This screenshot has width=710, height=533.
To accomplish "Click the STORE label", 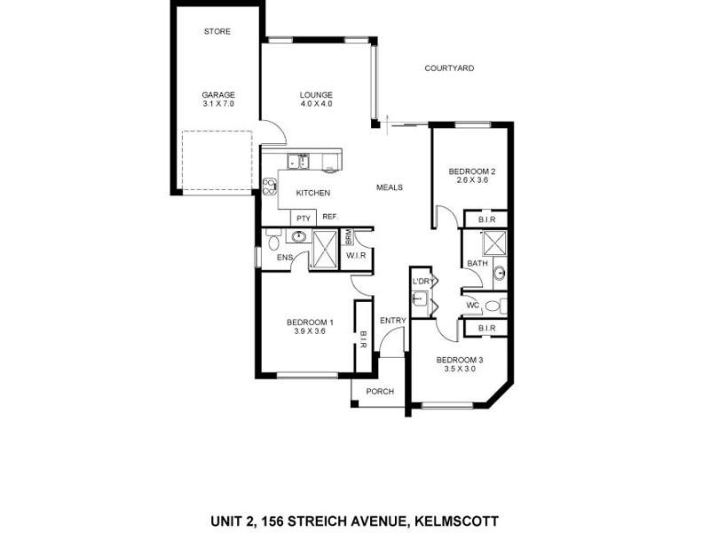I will coord(217,32).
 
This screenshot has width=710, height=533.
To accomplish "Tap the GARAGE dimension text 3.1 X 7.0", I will coord(217,105).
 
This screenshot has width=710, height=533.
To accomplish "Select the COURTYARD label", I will coord(449,68).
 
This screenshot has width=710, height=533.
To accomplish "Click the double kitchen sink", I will coord(297,161).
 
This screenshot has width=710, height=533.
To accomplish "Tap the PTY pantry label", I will coord(304,218).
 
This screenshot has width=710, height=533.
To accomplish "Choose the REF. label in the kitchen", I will coord(330,217).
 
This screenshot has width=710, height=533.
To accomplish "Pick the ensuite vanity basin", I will coord(299,237).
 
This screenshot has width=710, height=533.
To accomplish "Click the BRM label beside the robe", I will coord(349,237).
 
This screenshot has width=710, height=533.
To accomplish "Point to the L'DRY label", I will coord(421,282).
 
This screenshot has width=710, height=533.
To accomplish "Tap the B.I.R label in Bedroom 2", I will coord(486,219).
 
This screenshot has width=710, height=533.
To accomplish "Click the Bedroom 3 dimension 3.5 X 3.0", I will coord(459,370).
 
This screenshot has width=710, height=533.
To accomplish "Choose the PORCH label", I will coord(379,391).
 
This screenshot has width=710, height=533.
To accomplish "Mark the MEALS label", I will coord(390,187).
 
